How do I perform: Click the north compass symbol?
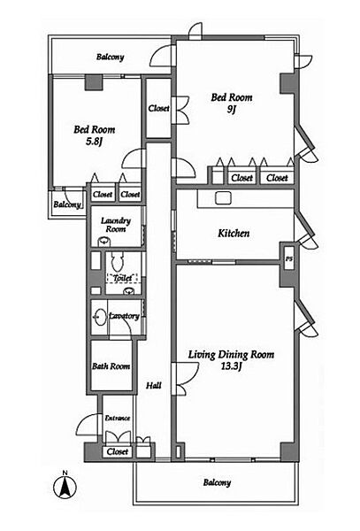(65, 486)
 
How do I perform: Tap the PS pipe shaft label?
(288, 259)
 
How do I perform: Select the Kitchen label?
(234, 233)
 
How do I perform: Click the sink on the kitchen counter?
(223, 197)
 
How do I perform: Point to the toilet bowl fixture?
(118, 261)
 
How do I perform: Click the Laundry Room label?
(116, 225)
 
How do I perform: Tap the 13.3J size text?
(232, 366)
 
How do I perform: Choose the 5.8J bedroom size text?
(94, 142)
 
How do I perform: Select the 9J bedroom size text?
(232, 110)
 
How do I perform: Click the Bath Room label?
(111, 366)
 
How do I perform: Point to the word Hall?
(154, 385)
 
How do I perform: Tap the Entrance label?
(118, 419)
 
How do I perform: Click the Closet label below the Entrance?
(118, 451)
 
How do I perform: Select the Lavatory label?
(124, 316)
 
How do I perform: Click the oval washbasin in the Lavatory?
(100, 317)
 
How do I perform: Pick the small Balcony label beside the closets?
(67, 204)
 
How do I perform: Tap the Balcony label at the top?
(110, 57)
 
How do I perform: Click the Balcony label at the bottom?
(218, 482)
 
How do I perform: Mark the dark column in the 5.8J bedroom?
(94, 82)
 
